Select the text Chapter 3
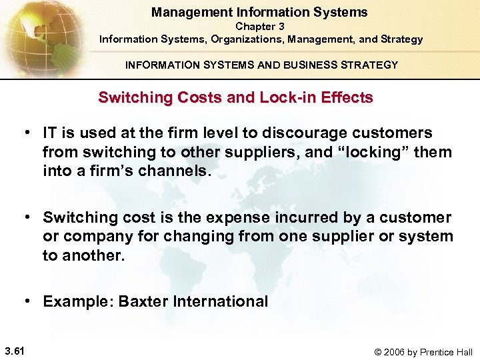click(260, 27)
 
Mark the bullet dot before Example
click(29, 301)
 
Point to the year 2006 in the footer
click(395, 352)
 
